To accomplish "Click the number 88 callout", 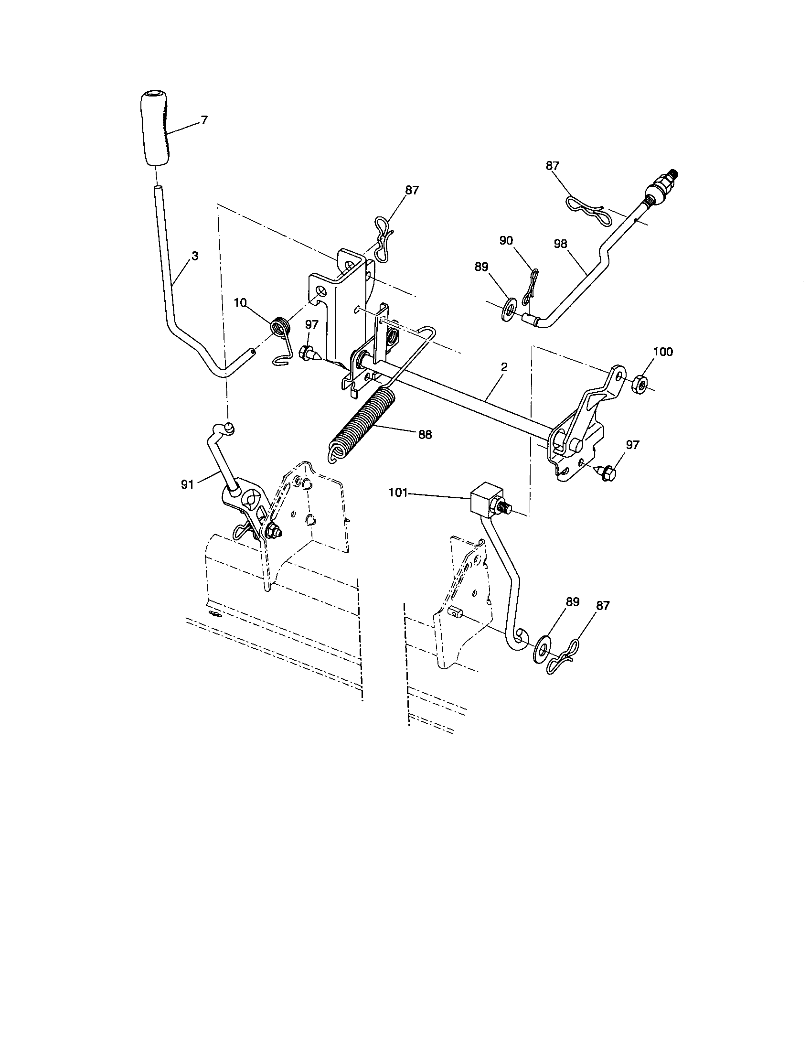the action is pyautogui.click(x=425, y=435).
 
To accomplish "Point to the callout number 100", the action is pyautogui.click(x=663, y=352).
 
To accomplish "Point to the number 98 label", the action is pyautogui.click(x=560, y=244).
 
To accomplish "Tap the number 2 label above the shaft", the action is pyautogui.click(x=504, y=367).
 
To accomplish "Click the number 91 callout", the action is pyautogui.click(x=187, y=484).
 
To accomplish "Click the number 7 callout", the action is pyautogui.click(x=204, y=120).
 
